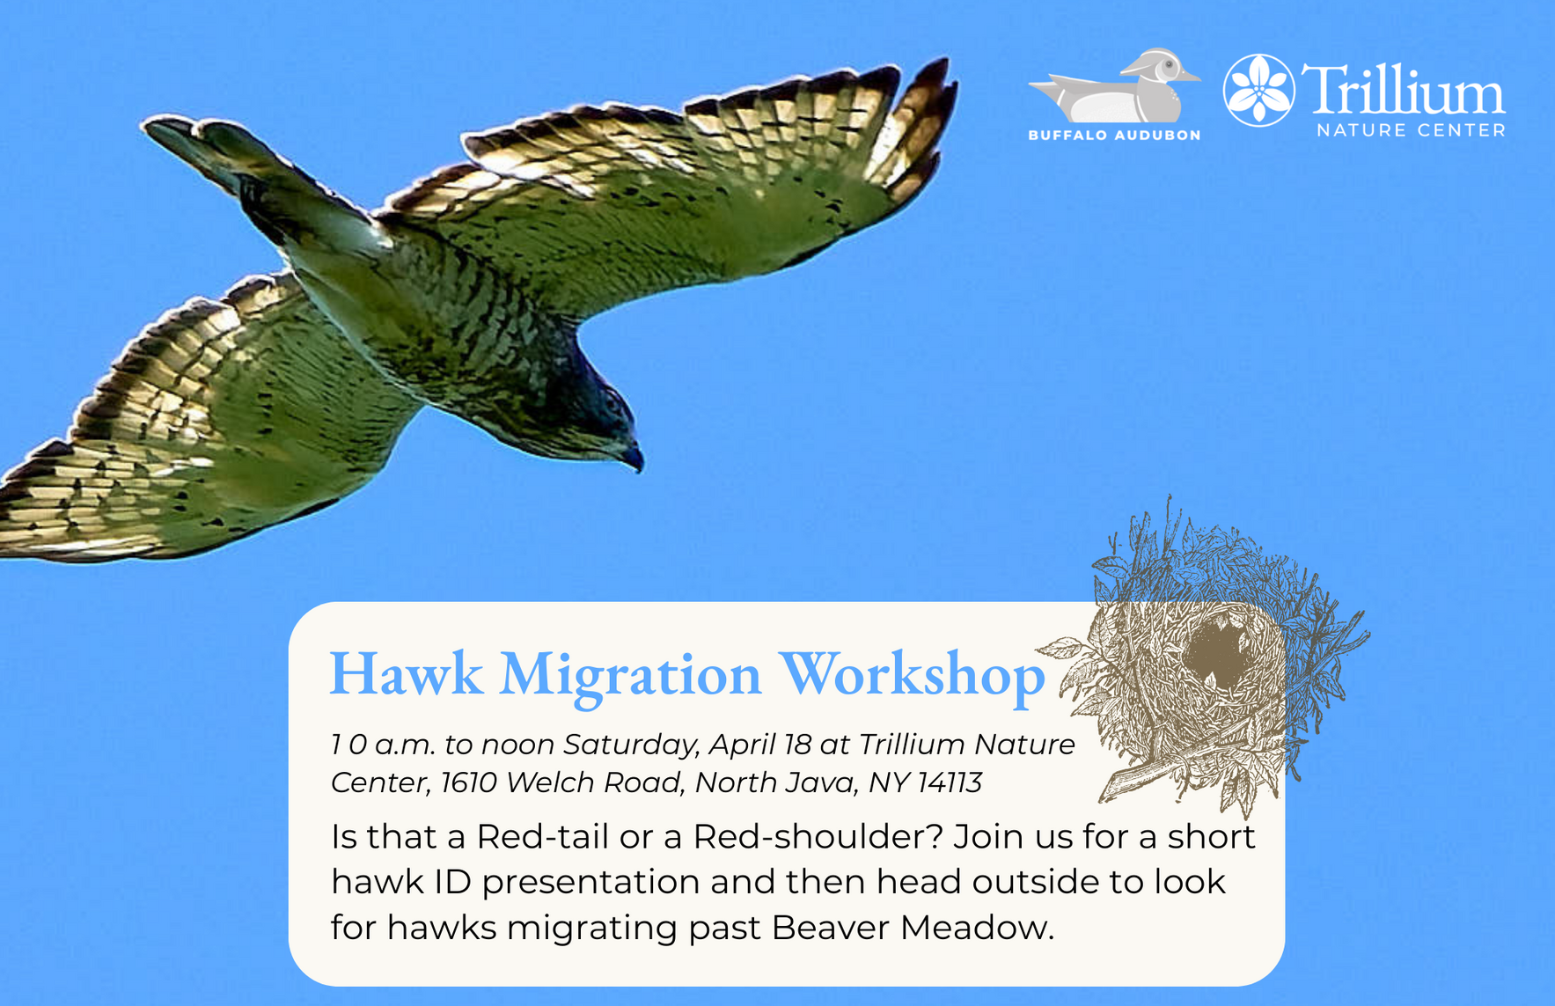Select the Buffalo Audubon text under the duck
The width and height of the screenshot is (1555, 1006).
pos(1114,136)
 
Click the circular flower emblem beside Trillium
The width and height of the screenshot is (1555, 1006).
pos(1258,91)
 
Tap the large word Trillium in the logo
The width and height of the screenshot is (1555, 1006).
pos(1404,91)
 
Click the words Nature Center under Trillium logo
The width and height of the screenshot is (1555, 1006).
pos(1411,130)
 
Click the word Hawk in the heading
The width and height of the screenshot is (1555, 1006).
pos(406,675)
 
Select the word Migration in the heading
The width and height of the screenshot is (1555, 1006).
pos(630,675)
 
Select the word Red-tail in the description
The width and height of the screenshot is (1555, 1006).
pos(542,836)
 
